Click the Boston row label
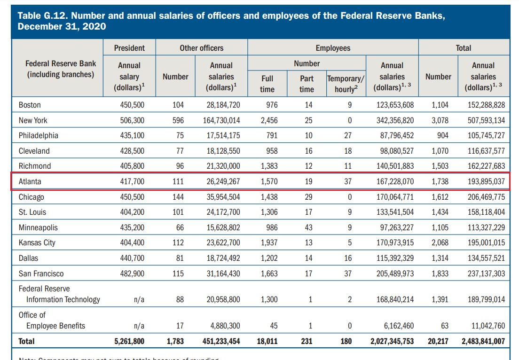[30, 105]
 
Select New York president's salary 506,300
[132, 120]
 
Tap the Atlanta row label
[30, 181]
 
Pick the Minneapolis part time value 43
[308, 227]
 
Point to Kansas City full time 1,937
[268, 243]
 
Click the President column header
[129, 48]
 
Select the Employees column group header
[333, 48]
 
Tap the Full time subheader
[267, 84]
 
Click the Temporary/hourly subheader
[346, 84]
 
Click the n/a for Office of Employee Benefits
[139, 326]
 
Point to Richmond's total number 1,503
[440, 166]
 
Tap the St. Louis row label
[32, 212]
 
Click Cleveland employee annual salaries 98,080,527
[395, 151]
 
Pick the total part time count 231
[307, 341]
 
